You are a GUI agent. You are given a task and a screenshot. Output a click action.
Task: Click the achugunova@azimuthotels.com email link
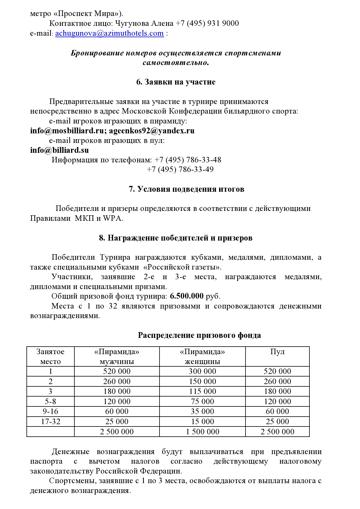tap(109, 33)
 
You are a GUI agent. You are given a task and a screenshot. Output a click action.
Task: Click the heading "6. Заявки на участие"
tap(176, 82)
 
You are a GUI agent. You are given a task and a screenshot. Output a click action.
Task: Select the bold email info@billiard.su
tap(60, 150)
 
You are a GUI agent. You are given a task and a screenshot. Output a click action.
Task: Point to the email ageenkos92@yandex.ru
tap(152, 131)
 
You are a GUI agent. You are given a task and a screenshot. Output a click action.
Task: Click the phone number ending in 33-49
tap(180, 170)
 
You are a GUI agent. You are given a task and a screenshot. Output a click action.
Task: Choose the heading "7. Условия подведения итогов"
tap(186, 189)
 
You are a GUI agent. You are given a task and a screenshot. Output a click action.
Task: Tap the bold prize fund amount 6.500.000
tap(187, 296)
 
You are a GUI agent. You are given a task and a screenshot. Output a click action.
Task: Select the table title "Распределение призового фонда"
tap(199, 335)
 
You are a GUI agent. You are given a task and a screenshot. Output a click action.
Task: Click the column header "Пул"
tap(277, 352)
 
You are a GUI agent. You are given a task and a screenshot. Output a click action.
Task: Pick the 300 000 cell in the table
tap(202, 371)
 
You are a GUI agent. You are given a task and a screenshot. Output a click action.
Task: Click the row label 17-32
tap(51, 422)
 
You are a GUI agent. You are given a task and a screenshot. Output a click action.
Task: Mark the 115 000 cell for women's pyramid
tap(202, 391)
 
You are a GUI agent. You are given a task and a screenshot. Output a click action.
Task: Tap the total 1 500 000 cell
tap(202, 432)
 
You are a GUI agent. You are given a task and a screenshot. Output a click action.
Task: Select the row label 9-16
tap(51, 411)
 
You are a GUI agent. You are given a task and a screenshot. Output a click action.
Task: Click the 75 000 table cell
tap(202, 402)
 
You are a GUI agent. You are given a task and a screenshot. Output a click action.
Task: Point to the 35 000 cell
tap(202, 411)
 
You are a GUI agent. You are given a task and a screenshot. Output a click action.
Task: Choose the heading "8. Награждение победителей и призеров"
tap(175, 238)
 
